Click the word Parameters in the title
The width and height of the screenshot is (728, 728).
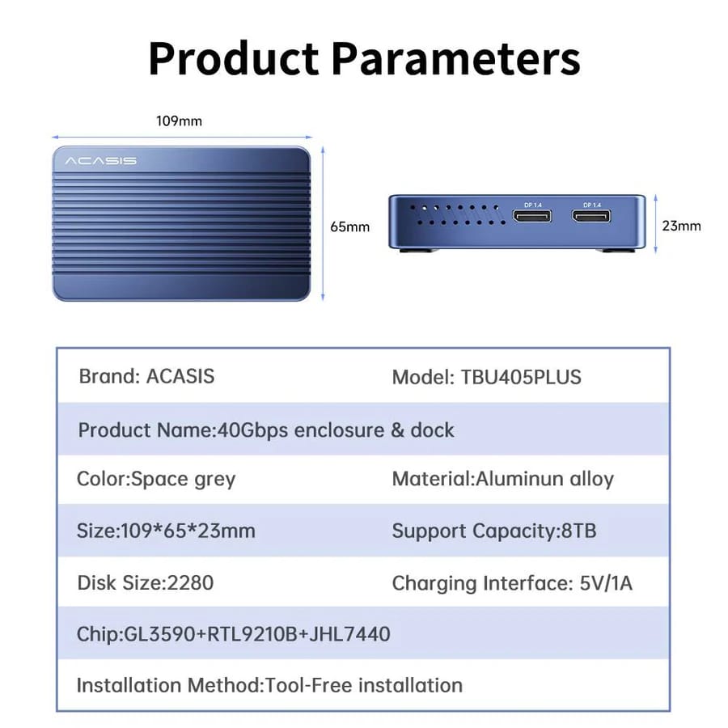pos(457,59)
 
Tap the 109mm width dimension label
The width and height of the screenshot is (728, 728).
pos(179,121)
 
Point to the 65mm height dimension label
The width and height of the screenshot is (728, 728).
pos(349,226)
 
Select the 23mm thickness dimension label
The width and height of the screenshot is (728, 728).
pos(681,226)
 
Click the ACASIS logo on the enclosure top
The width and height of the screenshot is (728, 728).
pos(100,161)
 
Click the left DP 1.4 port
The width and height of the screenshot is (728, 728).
pos(532,216)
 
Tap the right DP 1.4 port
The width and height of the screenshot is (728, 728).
pos(593,216)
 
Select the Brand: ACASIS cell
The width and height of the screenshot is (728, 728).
pos(146,376)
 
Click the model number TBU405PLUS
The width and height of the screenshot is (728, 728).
pos(521,377)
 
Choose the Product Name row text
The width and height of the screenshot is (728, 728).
pos(266,430)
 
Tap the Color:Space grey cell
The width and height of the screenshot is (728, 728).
pos(156,479)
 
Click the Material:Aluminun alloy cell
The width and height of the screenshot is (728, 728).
pos(502,479)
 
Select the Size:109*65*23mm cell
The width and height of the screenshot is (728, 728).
pos(166,531)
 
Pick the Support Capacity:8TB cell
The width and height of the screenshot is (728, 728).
pos(494,531)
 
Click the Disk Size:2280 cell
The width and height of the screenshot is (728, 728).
pos(146,582)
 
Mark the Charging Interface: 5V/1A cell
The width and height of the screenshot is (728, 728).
pos(512,582)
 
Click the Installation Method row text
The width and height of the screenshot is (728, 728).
pos(269,685)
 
